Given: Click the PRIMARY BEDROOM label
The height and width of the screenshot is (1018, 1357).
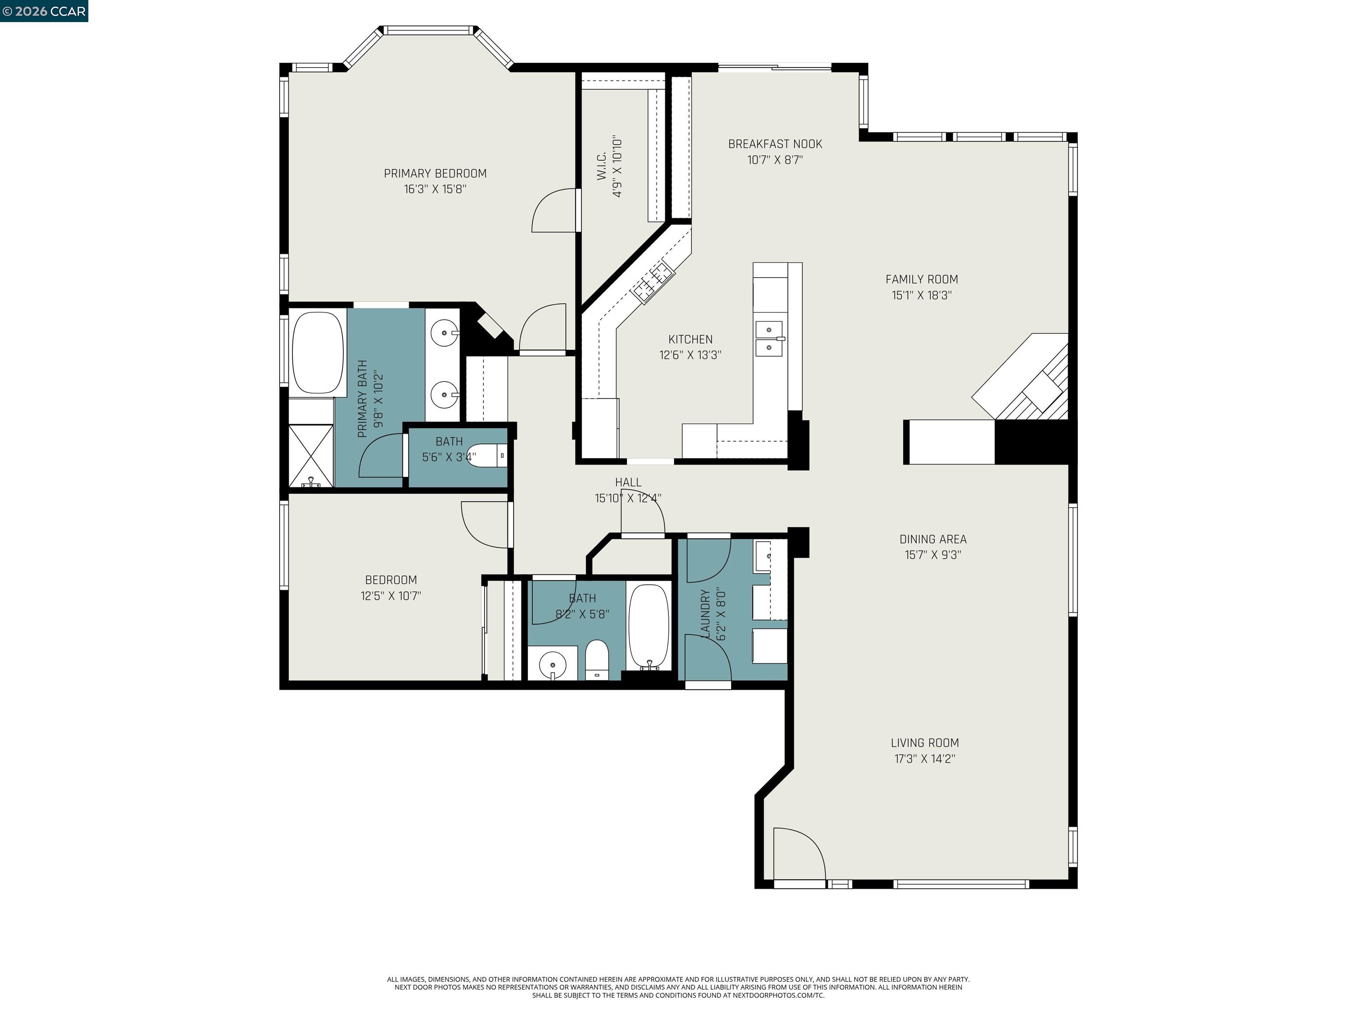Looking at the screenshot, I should [435, 174].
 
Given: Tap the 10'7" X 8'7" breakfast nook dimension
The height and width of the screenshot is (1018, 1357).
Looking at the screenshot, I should [775, 160].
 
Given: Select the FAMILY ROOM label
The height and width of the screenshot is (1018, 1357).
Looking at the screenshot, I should [921, 279].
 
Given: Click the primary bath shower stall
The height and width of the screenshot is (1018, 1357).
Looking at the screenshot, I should [311, 455].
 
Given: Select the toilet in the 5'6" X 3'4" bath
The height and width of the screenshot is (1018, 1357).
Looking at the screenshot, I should [489, 456].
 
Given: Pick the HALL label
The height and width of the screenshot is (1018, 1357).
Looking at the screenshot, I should [628, 482].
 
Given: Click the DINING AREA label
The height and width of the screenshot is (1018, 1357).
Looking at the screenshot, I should [932, 539].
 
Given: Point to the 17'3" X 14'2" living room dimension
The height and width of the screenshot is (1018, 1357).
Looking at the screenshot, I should [925, 759].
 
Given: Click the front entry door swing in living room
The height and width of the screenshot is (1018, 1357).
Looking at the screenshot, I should [797, 856].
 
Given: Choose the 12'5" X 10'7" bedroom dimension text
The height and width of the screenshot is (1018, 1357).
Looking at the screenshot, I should [391, 596].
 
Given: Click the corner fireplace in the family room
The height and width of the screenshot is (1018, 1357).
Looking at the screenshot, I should [1031, 380].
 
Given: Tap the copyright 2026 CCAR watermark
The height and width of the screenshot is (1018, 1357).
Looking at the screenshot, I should [44, 11].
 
